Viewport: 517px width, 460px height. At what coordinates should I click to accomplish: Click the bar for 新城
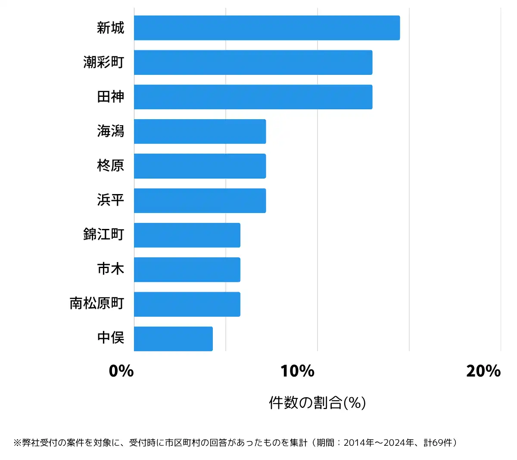267,28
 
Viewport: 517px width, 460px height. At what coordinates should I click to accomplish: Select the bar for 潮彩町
253,62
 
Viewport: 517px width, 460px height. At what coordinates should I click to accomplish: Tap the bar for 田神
253,97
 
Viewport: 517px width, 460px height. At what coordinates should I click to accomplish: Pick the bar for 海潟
200,131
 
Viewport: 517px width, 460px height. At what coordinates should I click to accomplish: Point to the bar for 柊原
200,166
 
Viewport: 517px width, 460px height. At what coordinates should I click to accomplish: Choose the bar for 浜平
200,201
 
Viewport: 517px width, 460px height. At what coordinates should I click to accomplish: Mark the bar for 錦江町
187,235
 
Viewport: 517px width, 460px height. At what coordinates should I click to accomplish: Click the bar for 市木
187,269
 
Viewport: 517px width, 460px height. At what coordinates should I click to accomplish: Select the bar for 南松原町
187,304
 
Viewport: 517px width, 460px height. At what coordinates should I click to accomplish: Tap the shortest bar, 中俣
173,339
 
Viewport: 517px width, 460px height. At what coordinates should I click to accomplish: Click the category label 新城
111,28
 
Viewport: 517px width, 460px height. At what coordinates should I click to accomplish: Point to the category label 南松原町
97,303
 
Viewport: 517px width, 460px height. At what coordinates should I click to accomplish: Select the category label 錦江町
104,235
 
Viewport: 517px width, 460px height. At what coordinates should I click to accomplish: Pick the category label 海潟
111,131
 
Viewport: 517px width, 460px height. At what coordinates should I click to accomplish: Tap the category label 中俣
111,338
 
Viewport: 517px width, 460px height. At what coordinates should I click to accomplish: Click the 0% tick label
121,371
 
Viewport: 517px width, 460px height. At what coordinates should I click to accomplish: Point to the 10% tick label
297,371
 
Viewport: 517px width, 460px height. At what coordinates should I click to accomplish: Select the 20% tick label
483,371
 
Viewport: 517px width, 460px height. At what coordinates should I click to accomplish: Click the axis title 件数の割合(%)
318,403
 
